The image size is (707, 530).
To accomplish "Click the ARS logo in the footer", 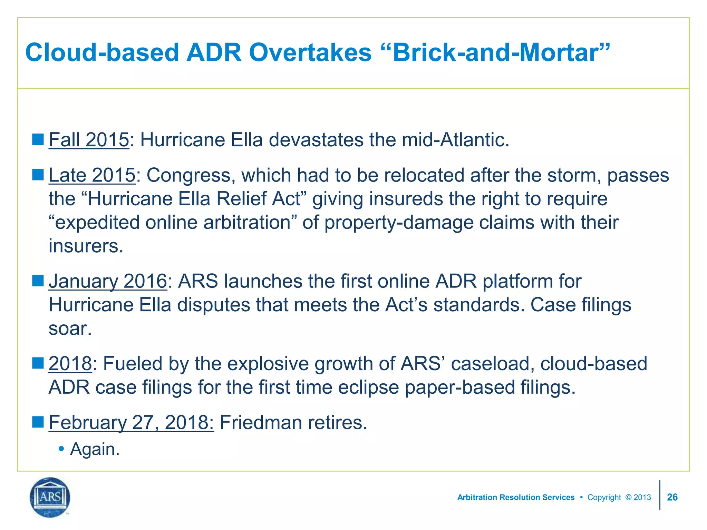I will point(50,497).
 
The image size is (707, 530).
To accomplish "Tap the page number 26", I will point(672,497).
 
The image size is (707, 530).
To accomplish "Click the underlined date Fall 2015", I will point(89,140).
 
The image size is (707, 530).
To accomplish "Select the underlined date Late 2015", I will point(92,175).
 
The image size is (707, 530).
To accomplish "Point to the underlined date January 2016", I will point(108,281).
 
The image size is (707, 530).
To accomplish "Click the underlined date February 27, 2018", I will point(131,422).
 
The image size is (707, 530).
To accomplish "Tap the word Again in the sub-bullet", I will point(94,449).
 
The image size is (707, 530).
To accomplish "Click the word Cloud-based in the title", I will point(102,53).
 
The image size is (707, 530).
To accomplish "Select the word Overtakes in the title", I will point(310,53).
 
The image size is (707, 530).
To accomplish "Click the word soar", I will point(70,328).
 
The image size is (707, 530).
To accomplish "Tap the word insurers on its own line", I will point(86,246).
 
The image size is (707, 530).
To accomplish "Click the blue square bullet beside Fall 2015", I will point(38,139).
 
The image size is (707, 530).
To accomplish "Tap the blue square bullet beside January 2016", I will point(38,281).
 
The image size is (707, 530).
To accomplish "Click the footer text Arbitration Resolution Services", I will point(516,497).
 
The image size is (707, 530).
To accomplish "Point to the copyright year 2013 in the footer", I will point(642,497).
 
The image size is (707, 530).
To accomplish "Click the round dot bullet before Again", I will point(61,449).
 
